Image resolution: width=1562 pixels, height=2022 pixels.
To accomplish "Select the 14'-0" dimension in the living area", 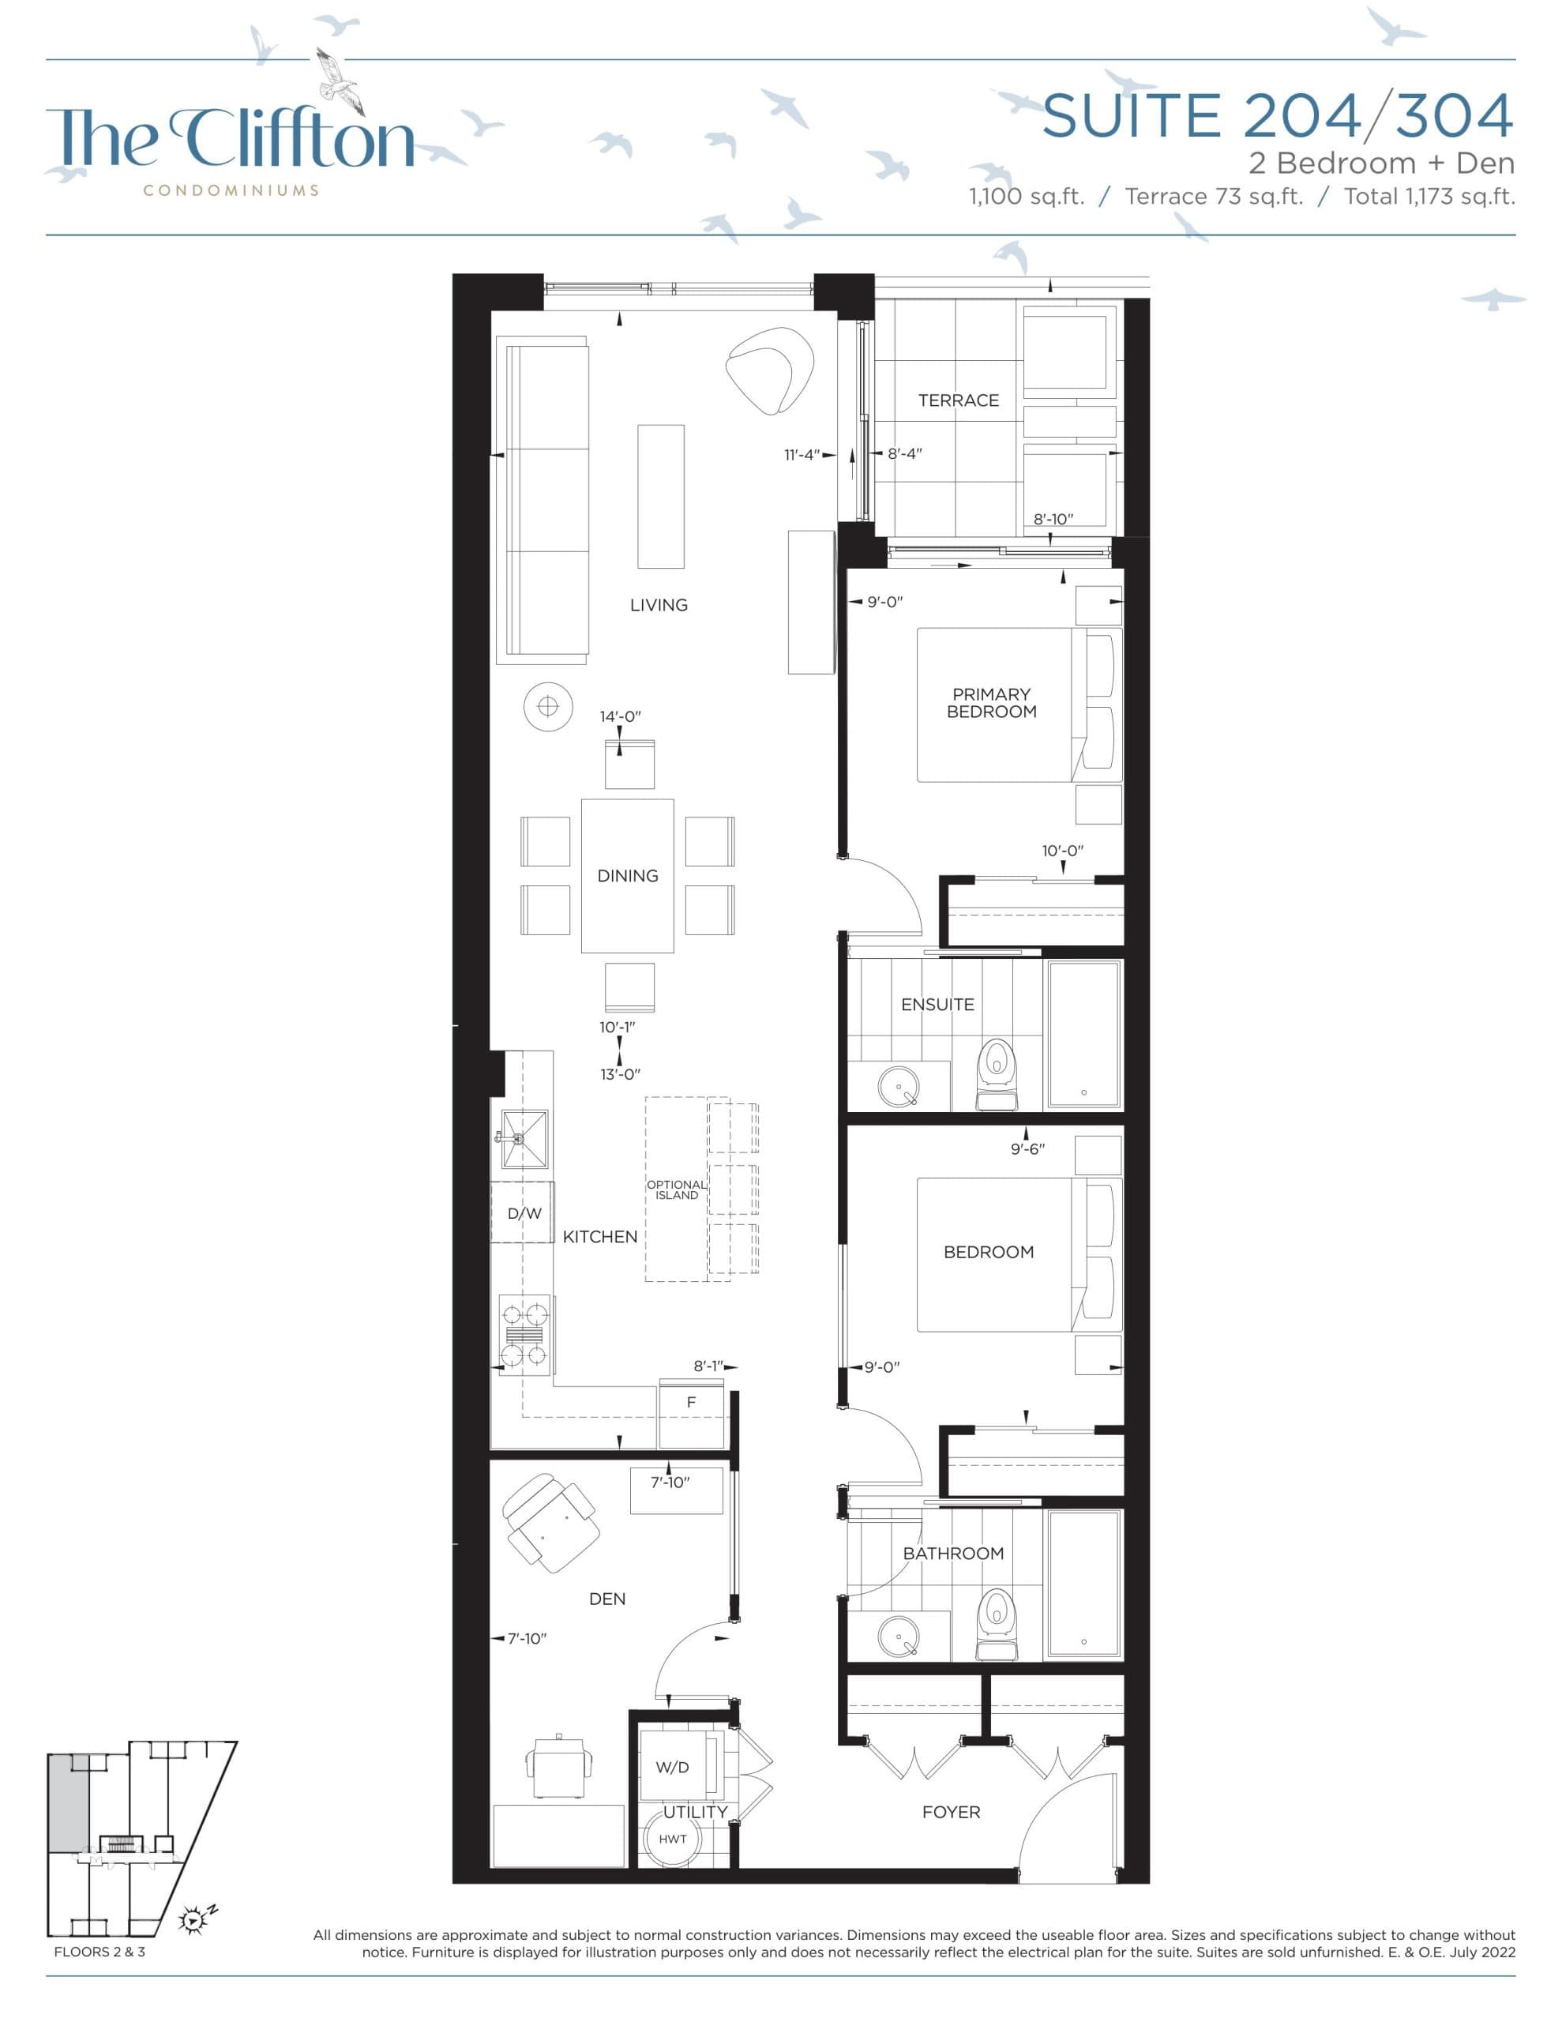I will [619, 716].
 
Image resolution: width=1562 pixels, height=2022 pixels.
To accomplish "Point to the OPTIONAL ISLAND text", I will [676, 1190].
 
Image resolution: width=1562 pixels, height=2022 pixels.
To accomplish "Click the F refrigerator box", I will [691, 1403].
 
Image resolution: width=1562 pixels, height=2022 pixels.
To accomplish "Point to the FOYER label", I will [950, 1812].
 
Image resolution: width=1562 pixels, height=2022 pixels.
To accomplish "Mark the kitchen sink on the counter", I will [523, 1139].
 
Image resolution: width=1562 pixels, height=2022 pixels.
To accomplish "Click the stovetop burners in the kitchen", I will [524, 1334].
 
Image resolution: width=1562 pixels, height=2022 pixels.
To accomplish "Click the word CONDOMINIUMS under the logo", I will [231, 190].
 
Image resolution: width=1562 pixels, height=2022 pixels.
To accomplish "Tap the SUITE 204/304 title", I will [1278, 117].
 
